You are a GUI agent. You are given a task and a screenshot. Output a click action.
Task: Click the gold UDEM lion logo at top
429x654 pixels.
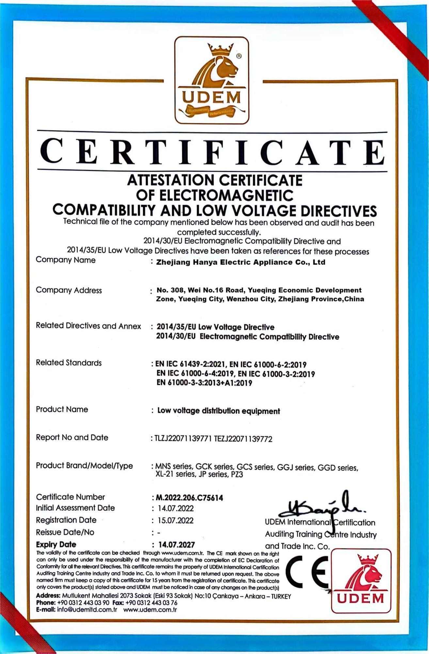click(x=212, y=80)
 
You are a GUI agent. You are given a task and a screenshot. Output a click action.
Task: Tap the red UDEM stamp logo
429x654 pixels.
click(x=361, y=580)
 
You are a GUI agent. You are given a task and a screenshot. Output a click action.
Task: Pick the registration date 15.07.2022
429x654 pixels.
click(x=176, y=521)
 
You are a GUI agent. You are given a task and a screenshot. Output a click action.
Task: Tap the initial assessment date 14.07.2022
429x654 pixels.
click(x=176, y=508)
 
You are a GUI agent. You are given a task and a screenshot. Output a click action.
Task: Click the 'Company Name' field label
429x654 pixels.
click(x=66, y=260)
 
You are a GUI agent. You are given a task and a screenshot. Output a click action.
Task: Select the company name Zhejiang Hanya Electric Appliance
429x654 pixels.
click(x=241, y=262)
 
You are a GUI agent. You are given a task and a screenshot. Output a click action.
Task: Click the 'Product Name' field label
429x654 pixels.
click(x=62, y=409)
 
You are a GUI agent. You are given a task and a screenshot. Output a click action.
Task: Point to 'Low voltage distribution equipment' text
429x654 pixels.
click(x=218, y=411)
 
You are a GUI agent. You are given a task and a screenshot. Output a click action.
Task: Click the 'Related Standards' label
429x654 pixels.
click(x=69, y=363)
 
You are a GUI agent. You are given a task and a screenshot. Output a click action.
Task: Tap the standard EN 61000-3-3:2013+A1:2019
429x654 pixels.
click(x=204, y=383)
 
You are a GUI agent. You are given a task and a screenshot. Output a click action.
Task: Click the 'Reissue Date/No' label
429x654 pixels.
click(x=65, y=532)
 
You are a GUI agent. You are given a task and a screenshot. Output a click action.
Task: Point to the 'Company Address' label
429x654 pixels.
click(x=69, y=290)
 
